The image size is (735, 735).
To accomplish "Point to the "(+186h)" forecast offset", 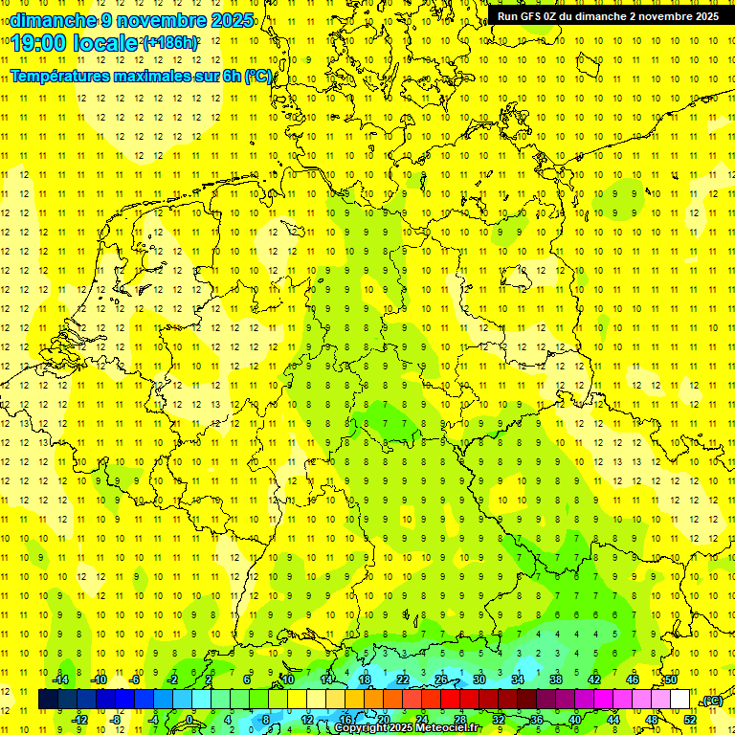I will click(x=170, y=43).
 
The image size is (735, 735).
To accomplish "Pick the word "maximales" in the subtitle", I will click(x=151, y=77).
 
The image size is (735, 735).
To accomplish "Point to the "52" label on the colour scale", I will click(x=690, y=719).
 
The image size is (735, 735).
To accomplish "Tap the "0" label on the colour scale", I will click(x=190, y=719).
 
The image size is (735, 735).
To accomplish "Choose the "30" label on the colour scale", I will click(x=479, y=679).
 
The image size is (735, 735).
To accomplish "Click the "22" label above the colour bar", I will click(x=403, y=679).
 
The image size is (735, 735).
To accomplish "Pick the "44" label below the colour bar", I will click(x=612, y=719).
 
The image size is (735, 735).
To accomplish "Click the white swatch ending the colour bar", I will click(x=679, y=700).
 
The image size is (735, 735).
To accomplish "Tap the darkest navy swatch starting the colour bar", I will click(x=48, y=700).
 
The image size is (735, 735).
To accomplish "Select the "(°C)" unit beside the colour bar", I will click(x=711, y=701).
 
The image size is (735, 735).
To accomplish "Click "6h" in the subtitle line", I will click(x=233, y=77).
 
